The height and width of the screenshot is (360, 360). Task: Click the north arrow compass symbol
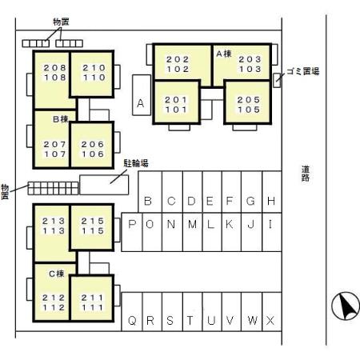point(346,306)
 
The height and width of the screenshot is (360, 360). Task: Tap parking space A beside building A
point(142,95)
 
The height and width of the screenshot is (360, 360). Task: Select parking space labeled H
point(272,192)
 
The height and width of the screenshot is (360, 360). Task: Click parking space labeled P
point(132,232)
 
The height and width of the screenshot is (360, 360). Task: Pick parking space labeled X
point(272,312)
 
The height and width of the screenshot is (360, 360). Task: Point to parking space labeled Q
point(132,312)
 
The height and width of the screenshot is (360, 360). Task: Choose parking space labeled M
point(193,232)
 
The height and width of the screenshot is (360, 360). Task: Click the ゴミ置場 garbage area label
point(302,71)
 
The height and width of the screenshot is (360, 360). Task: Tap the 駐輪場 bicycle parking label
point(136,163)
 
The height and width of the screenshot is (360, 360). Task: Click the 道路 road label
point(306,174)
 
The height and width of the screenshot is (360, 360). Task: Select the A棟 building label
point(224,54)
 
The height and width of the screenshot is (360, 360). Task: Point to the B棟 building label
point(61,119)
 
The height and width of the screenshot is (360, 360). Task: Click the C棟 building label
point(57,274)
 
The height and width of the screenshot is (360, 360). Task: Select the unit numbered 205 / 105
point(248,102)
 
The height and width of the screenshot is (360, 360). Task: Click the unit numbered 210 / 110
point(91,74)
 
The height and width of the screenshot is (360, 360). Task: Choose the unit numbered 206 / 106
point(91,145)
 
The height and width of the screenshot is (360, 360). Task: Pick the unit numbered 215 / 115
point(91,227)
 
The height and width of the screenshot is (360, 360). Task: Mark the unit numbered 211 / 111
point(91,298)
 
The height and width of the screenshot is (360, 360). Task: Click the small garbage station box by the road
point(277,80)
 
